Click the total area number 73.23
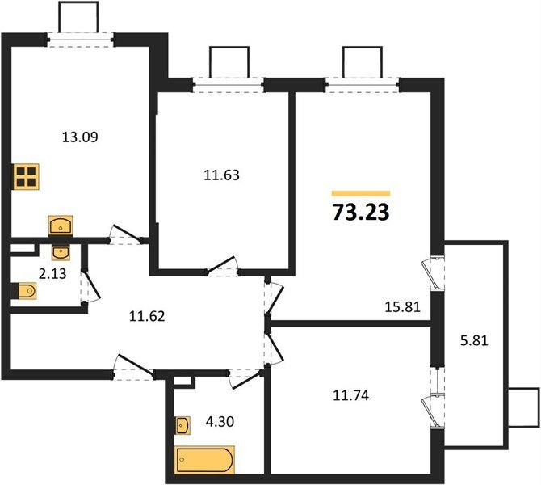coord(360,213)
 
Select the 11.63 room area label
coord(221,173)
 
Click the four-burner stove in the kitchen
coord(27,176)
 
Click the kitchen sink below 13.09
coord(61,224)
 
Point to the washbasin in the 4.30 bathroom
coord(182,424)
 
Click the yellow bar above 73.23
coord(361,194)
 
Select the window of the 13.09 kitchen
coord(78,36)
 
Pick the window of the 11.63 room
coord(229,82)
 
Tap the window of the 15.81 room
coord(363,82)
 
